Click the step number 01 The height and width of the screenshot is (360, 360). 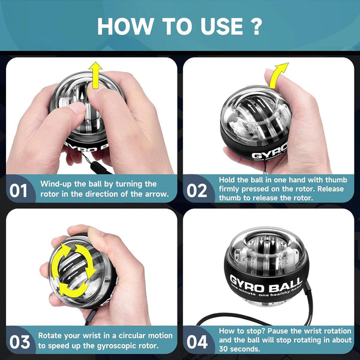pyautogui.click(x=19, y=191)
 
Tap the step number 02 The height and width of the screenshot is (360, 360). pyautogui.click(x=196, y=191)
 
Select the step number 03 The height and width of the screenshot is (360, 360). pyautogui.click(x=19, y=342)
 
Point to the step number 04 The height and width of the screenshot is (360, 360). pyautogui.click(x=196, y=342)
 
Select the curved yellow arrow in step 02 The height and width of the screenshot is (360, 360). pyautogui.click(x=277, y=75)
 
